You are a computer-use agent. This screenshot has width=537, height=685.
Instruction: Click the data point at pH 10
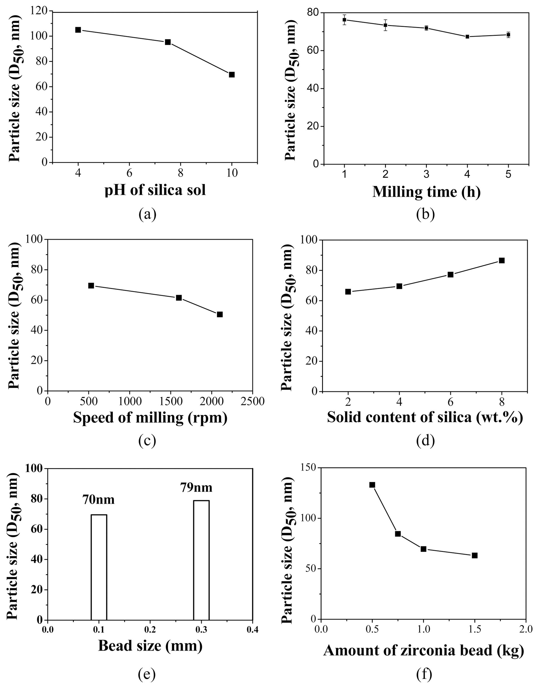click(232, 75)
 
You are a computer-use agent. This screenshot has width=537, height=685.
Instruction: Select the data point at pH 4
click(78, 30)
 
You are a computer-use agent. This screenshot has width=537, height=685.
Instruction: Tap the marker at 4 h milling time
click(467, 37)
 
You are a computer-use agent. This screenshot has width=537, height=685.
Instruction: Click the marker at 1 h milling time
click(344, 20)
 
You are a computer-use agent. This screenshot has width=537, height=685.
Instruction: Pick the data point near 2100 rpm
click(220, 314)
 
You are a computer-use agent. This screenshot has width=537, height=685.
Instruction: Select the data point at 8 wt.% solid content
click(502, 260)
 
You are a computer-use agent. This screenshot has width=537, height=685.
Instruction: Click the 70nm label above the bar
click(99, 500)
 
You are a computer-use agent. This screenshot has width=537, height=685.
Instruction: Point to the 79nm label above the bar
click(196, 488)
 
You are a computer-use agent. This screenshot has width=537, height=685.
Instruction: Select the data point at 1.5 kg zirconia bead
click(475, 556)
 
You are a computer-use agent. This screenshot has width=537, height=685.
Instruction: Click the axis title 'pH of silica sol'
click(155, 190)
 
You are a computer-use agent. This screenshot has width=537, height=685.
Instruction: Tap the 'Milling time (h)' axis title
click(426, 192)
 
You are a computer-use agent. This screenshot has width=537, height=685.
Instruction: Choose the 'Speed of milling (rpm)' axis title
click(150, 418)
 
